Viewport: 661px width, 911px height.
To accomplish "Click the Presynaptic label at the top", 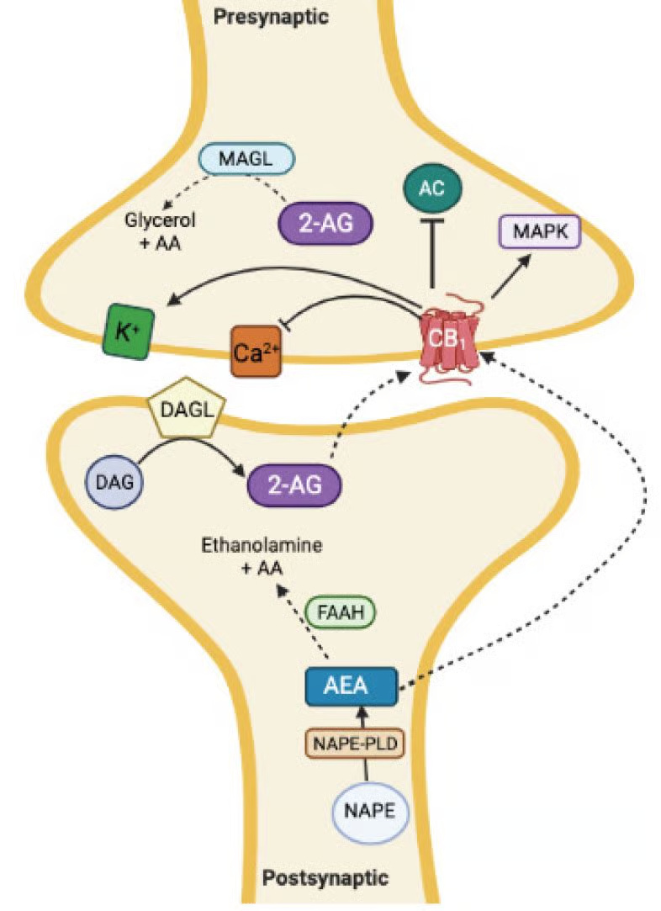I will (x=270, y=15).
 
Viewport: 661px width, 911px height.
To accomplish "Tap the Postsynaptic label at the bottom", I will (x=325, y=879).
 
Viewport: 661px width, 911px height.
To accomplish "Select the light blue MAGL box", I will (x=245, y=157).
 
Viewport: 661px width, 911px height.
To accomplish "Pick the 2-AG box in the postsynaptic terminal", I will (x=295, y=485).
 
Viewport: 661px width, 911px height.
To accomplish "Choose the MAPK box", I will (x=539, y=230).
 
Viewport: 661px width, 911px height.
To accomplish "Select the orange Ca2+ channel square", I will (x=255, y=353).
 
